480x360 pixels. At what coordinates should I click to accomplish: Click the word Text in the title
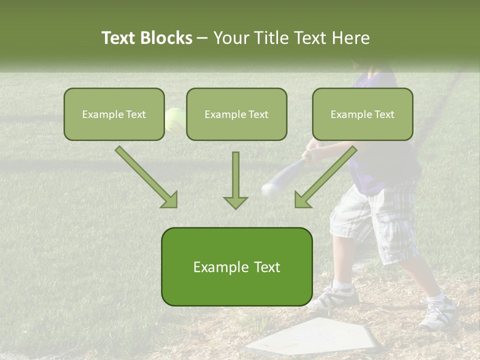tap(119, 38)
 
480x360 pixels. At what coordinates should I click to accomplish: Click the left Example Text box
tap(114, 114)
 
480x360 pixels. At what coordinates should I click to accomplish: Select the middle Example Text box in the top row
tap(236, 114)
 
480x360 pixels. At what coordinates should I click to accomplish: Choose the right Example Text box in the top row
tap(362, 114)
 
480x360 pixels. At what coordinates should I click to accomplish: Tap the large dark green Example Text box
tap(236, 266)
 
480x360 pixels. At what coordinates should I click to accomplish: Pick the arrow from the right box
tap(325, 177)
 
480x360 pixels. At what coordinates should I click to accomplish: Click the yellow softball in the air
tap(174, 118)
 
